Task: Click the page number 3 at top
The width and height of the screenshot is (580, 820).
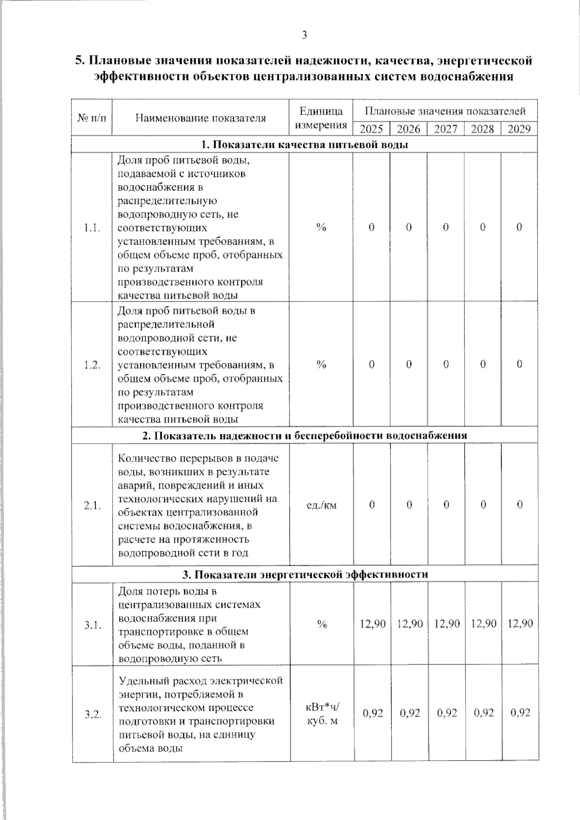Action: point(304,35)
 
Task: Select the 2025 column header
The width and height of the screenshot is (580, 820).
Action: point(371,129)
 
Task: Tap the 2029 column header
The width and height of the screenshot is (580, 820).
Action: point(519,129)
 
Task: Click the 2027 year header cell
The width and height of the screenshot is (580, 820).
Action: point(445,129)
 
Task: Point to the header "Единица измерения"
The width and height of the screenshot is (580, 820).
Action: point(321,118)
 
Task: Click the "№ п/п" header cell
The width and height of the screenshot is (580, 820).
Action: point(92,118)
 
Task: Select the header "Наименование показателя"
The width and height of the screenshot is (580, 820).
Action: point(201,118)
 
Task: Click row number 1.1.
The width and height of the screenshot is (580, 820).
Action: point(92,228)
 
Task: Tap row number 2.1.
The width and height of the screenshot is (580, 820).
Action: point(92,505)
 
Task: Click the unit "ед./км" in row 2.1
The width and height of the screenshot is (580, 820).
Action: point(321,505)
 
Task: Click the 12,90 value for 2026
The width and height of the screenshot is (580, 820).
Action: point(409,623)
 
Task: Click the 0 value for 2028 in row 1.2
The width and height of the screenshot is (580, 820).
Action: point(482,364)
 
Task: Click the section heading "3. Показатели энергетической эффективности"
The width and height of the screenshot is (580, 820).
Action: point(305,574)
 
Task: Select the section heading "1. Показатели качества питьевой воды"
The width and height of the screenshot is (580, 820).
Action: point(304,144)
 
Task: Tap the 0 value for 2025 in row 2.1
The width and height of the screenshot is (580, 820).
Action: point(372,504)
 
